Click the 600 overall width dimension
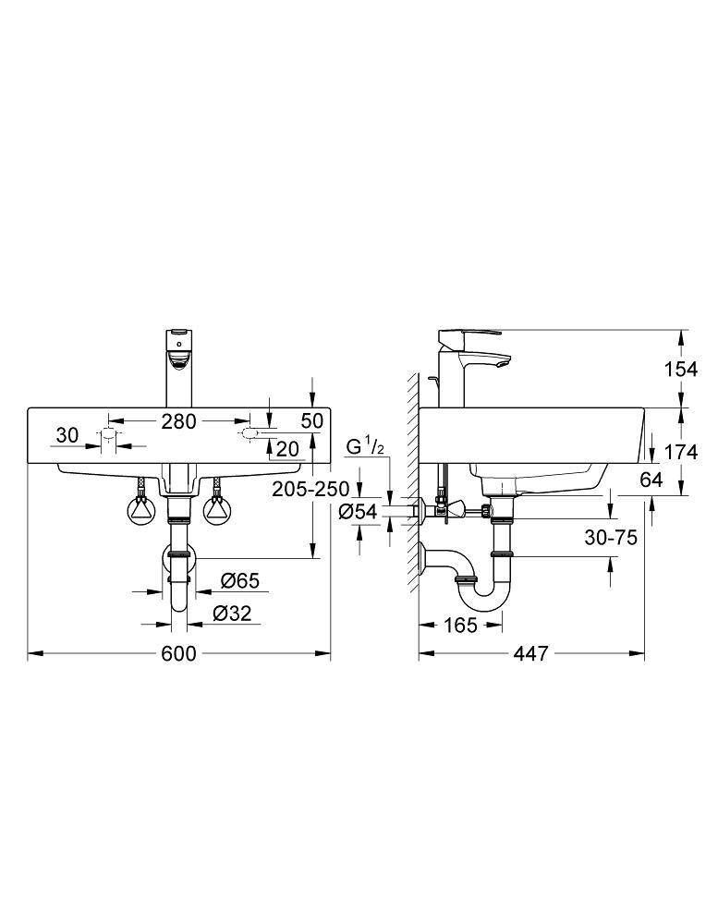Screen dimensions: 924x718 click(x=179, y=653)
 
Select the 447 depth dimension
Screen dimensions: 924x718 click(x=531, y=653)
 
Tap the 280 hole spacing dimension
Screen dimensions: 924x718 click(x=178, y=421)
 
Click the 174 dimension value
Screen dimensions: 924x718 click(x=680, y=452)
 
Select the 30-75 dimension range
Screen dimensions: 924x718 click(x=609, y=538)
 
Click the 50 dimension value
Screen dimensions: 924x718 click(x=312, y=420)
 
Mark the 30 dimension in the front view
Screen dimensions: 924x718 click(x=66, y=434)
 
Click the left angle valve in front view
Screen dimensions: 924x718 click(x=140, y=507)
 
